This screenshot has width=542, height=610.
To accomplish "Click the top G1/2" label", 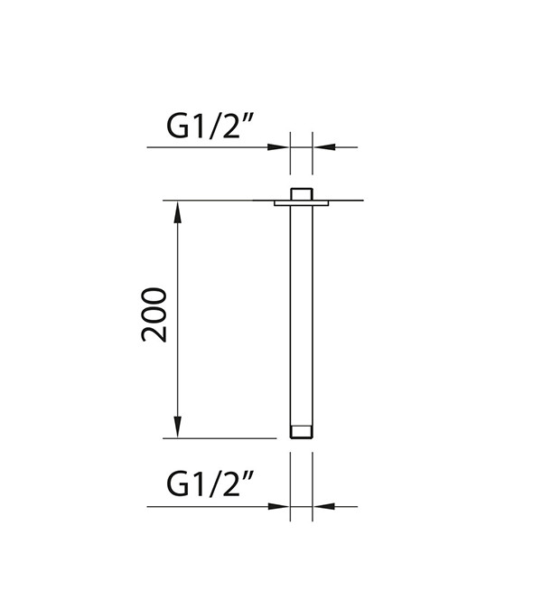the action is coord(210,127).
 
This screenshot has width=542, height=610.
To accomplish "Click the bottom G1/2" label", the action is coord(210,483).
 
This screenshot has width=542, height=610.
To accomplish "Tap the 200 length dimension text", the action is coord(154,314).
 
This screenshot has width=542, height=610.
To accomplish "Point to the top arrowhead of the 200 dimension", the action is coord(177,212).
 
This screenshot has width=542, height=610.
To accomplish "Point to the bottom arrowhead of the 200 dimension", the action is coord(177,427).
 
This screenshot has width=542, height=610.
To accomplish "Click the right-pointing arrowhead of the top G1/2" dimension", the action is coord(279,147).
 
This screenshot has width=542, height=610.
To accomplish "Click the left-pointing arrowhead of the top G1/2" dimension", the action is coord(323,147).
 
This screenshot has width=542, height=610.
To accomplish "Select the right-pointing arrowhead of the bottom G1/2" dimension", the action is coord(279,506).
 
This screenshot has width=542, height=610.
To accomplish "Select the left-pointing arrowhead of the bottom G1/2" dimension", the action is coord(323,506).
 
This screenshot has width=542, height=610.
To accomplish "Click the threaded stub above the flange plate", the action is coord(302,194).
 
